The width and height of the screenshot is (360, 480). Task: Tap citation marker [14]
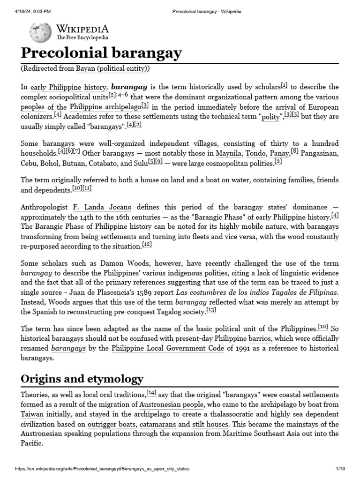coord(151,393)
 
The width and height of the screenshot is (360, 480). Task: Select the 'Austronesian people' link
coord(171,404)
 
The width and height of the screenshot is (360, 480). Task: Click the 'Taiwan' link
coord(32,414)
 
